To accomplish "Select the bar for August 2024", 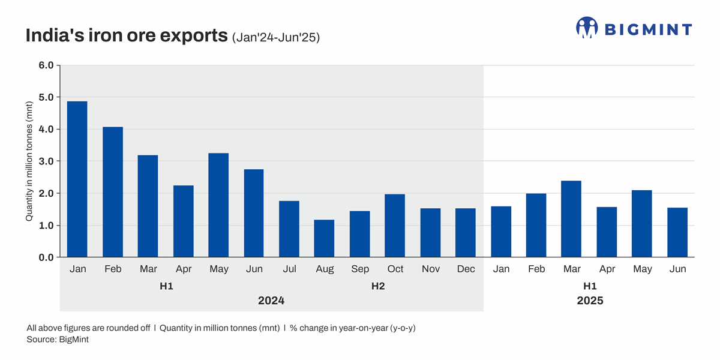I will pyautogui.click(x=325, y=238).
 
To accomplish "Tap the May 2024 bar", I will pyautogui.click(x=218, y=205).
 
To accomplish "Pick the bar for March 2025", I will pyautogui.click(x=571, y=218).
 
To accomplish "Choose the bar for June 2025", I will pyautogui.click(x=677, y=232).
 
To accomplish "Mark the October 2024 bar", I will pyautogui.click(x=395, y=226).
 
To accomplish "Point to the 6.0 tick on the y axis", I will pyautogui.click(x=46, y=65).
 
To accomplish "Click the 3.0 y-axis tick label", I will pyautogui.click(x=46, y=161).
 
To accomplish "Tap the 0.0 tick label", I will pyautogui.click(x=46, y=257).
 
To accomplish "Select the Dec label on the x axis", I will pyautogui.click(x=466, y=269).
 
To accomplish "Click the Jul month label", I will pyautogui.click(x=289, y=269).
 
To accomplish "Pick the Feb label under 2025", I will pyautogui.click(x=536, y=269).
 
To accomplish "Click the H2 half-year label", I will pyautogui.click(x=377, y=286).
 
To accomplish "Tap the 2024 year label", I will pyautogui.click(x=271, y=301).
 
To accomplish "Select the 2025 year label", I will pyautogui.click(x=590, y=301).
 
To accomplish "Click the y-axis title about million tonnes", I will pyautogui.click(x=29, y=161).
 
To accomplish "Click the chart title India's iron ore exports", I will pyautogui.click(x=127, y=35).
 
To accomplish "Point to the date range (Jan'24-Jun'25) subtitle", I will pyautogui.click(x=275, y=38).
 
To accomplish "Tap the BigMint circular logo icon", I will pyautogui.click(x=587, y=28).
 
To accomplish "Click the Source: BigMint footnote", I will pyautogui.click(x=58, y=340).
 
